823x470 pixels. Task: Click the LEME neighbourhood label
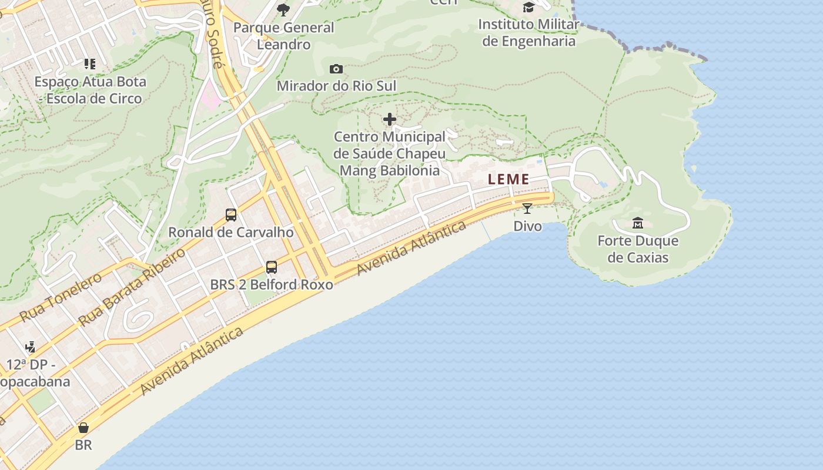coord(508,179)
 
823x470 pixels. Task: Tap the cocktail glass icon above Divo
coord(527,208)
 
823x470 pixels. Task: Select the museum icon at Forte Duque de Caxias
coord(638,223)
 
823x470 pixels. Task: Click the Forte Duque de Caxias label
coord(638,249)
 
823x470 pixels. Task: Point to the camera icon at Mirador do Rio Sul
coord(336,69)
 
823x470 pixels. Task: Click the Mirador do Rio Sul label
coord(336,86)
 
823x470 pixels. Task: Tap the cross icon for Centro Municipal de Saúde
coord(389,120)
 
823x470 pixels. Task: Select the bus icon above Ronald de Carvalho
coord(231,215)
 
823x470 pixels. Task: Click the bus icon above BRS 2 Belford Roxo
coord(272,267)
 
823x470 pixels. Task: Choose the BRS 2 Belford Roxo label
coord(272,285)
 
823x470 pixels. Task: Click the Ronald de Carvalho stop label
coord(231,232)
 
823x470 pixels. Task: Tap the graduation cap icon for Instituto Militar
coord(528,8)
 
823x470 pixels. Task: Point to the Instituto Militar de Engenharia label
coord(528,33)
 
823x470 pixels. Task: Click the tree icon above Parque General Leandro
coord(283,9)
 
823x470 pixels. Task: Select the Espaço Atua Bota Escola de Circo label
coord(90,90)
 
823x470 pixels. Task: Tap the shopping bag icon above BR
coord(83,428)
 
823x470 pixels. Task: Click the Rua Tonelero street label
coord(61,297)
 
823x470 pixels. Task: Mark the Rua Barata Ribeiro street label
coord(132,287)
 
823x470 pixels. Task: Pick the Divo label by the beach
coord(527,226)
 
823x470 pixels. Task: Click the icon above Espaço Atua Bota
coord(90,64)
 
